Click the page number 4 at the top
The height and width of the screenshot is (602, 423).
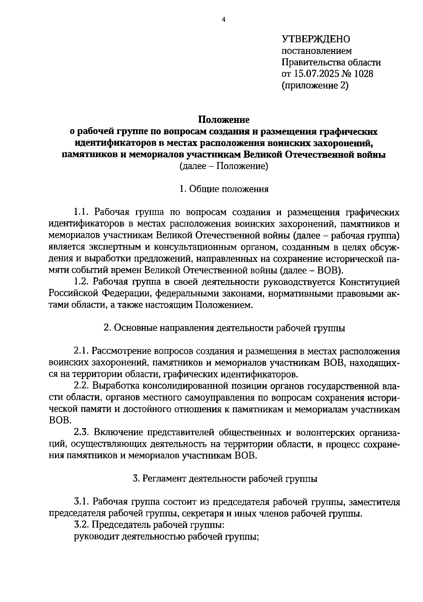coord(223,20)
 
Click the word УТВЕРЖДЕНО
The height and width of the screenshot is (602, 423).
coord(315,39)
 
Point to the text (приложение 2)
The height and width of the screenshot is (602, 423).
coord(315,86)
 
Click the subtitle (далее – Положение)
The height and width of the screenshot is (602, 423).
coord(223,166)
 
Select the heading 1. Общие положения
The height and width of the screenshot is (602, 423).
coord(223,189)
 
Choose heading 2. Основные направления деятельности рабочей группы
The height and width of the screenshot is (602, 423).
coord(224,328)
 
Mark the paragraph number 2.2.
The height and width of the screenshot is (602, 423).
coord(81,386)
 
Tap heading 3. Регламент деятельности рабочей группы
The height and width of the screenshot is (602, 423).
coord(225,479)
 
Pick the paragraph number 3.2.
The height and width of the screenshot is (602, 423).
coord(81,525)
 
